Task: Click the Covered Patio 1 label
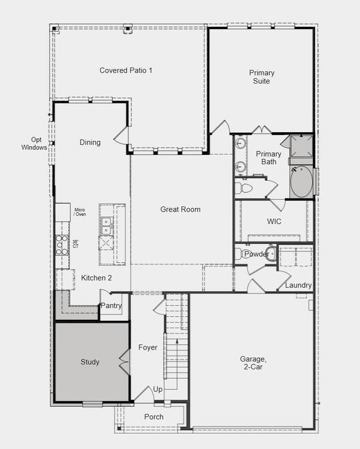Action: [126, 70]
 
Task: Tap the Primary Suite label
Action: [261, 77]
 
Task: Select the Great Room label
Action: [180, 209]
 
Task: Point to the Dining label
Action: [90, 142]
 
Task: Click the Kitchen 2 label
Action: [96, 278]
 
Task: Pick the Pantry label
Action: [111, 305]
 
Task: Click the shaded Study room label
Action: [89, 362]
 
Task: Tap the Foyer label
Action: [148, 347]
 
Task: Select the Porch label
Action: [154, 417]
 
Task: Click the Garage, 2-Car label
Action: [253, 363]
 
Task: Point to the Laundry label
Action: [298, 285]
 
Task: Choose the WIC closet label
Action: [275, 222]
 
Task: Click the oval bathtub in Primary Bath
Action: [302, 181]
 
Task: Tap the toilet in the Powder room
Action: [239, 254]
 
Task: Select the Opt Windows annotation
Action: [34, 144]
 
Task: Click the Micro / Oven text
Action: [80, 211]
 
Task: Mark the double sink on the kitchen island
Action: [106, 222]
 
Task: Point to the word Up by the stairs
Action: [158, 389]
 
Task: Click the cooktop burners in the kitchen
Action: [61, 244]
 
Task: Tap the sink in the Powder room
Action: [271, 253]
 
